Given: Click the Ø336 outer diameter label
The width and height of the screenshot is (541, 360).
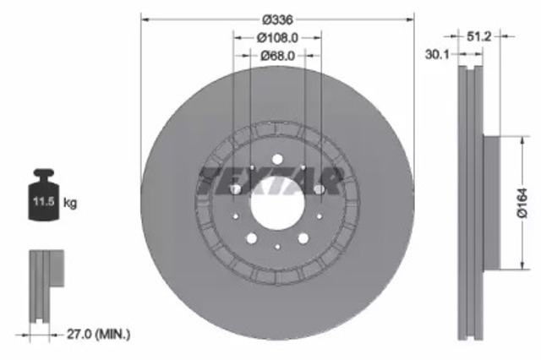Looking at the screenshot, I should (277, 19).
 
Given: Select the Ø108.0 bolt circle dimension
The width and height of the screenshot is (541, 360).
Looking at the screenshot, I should (277, 38).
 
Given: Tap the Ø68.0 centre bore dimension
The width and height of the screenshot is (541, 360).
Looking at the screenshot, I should (277, 56).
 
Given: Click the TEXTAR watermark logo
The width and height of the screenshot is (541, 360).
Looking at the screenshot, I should (270, 180).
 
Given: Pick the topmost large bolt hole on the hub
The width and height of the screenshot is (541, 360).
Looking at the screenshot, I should (277, 160).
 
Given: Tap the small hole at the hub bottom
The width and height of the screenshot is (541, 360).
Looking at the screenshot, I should (277, 248).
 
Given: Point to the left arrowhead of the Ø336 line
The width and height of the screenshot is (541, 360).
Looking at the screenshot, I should (145, 18).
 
